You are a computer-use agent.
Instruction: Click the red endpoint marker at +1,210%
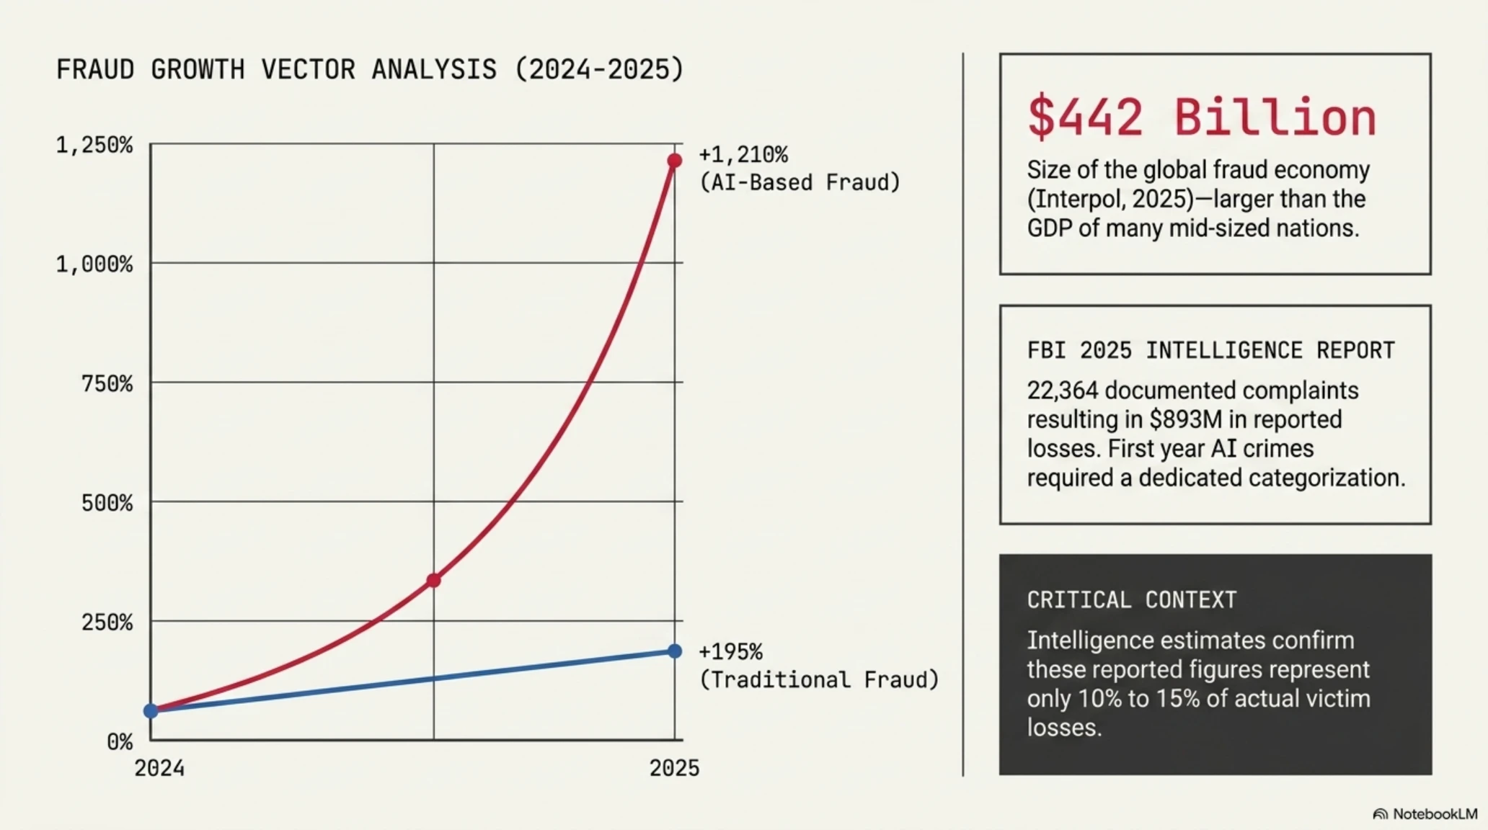click(674, 161)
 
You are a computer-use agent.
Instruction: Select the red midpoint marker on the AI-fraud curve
click(433, 580)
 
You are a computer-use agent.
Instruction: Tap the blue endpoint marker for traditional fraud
click(674, 651)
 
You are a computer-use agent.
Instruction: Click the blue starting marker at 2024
click(151, 711)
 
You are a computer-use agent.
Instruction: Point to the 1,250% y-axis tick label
click(94, 145)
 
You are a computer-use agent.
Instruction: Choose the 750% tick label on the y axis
click(107, 383)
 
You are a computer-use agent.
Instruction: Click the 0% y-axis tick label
click(120, 741)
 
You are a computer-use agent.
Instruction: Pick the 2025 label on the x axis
click(674, 768)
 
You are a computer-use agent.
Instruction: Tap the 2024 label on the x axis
click(159, 768)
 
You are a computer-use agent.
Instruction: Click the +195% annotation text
click(730, 652)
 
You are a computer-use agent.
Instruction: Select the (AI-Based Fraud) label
click(800, 182)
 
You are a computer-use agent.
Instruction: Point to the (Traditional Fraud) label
click(820, 679)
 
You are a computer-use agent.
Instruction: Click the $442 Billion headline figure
click(1202, 117)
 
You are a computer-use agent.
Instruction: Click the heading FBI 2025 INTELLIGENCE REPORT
click(1211, 350)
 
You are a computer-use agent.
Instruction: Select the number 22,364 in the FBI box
click(1063, 391)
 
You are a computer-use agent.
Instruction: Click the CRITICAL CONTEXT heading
click(1132, 599)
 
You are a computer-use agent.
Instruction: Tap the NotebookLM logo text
click(1435, 814)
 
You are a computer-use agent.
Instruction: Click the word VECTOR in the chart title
click(308, 70)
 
